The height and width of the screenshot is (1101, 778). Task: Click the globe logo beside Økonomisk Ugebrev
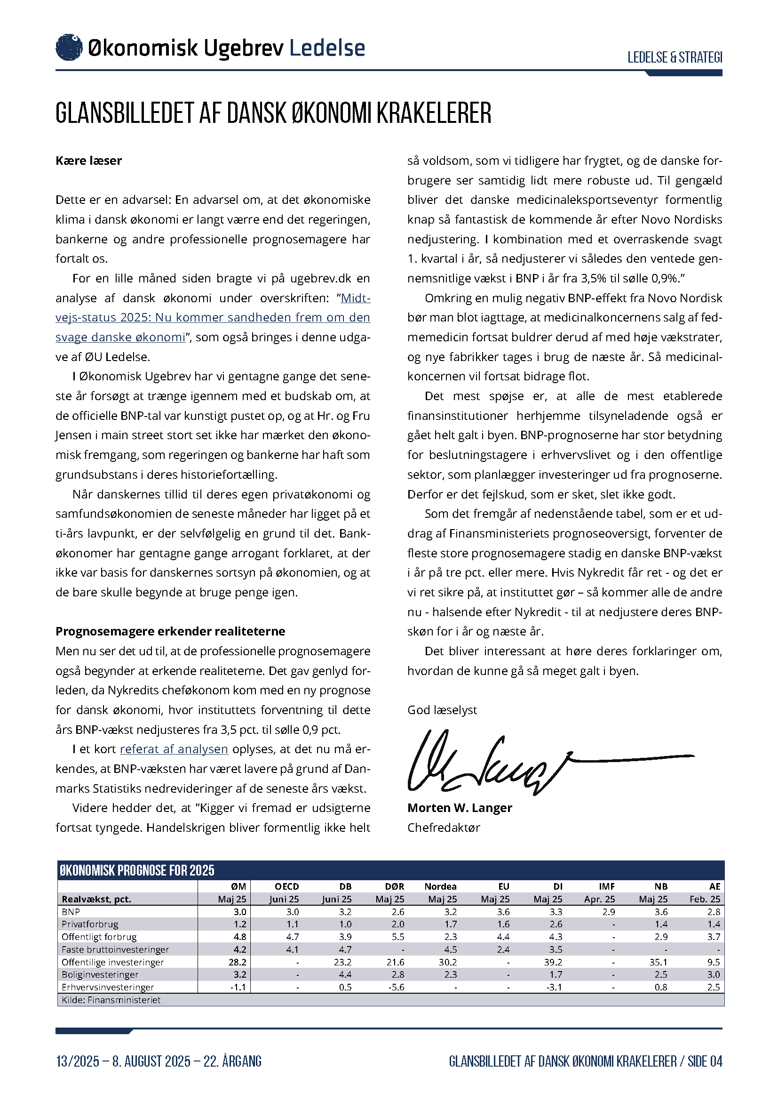69,48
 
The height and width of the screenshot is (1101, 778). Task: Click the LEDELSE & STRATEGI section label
675,57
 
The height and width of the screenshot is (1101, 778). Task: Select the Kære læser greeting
88,161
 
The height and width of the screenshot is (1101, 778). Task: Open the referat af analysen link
174,749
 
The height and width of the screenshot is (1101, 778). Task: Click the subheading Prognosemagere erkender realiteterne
170,632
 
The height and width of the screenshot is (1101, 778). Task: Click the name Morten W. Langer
460,808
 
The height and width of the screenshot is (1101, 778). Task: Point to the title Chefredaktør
444,828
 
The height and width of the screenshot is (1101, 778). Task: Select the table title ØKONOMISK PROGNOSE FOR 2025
136,871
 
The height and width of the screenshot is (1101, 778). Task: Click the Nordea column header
440,887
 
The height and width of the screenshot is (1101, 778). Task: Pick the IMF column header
606,887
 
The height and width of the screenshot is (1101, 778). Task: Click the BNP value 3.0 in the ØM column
239,912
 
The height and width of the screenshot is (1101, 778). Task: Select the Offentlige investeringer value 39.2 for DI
554,963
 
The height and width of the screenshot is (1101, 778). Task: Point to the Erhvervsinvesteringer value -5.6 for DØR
397,988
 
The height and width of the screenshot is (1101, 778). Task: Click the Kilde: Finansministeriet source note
111,1000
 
